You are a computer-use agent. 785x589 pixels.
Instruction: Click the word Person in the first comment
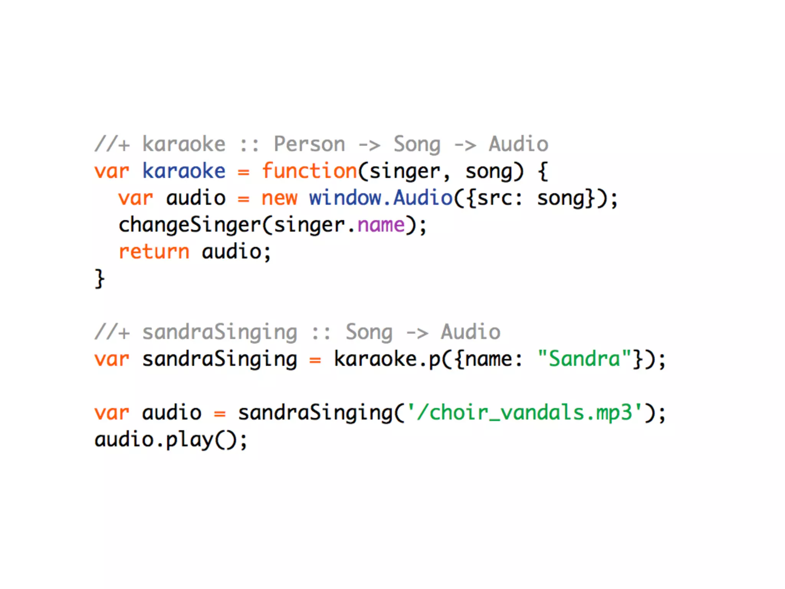[x=309, y=144]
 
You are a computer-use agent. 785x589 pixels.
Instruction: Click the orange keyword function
[x=309, y=171]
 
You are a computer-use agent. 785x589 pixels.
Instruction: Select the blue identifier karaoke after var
[x=184, y=171]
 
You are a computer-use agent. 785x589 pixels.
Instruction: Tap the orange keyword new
[x=279, y=198]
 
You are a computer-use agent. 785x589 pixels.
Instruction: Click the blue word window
[x=345, y=198]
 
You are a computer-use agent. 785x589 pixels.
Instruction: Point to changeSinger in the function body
[x=190, y=225]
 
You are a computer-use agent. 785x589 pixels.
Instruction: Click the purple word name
[x=381, y=225]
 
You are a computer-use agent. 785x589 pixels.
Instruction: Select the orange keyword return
[x=154, y=252]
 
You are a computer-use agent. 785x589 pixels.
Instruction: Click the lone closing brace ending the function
[x=99, y=279]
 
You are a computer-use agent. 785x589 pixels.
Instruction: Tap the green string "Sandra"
[x=584, y=359]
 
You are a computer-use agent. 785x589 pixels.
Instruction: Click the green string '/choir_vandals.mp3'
[x=524, y=413]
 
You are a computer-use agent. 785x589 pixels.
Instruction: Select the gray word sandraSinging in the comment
[x=220, y=332]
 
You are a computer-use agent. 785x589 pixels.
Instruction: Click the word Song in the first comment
[x=417, y=144]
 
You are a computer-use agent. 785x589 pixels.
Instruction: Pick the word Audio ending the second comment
[x=471, y=332]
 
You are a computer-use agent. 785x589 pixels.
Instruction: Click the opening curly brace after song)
[x=543, y=171]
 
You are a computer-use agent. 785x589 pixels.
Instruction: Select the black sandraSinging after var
[x=220, y=359]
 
